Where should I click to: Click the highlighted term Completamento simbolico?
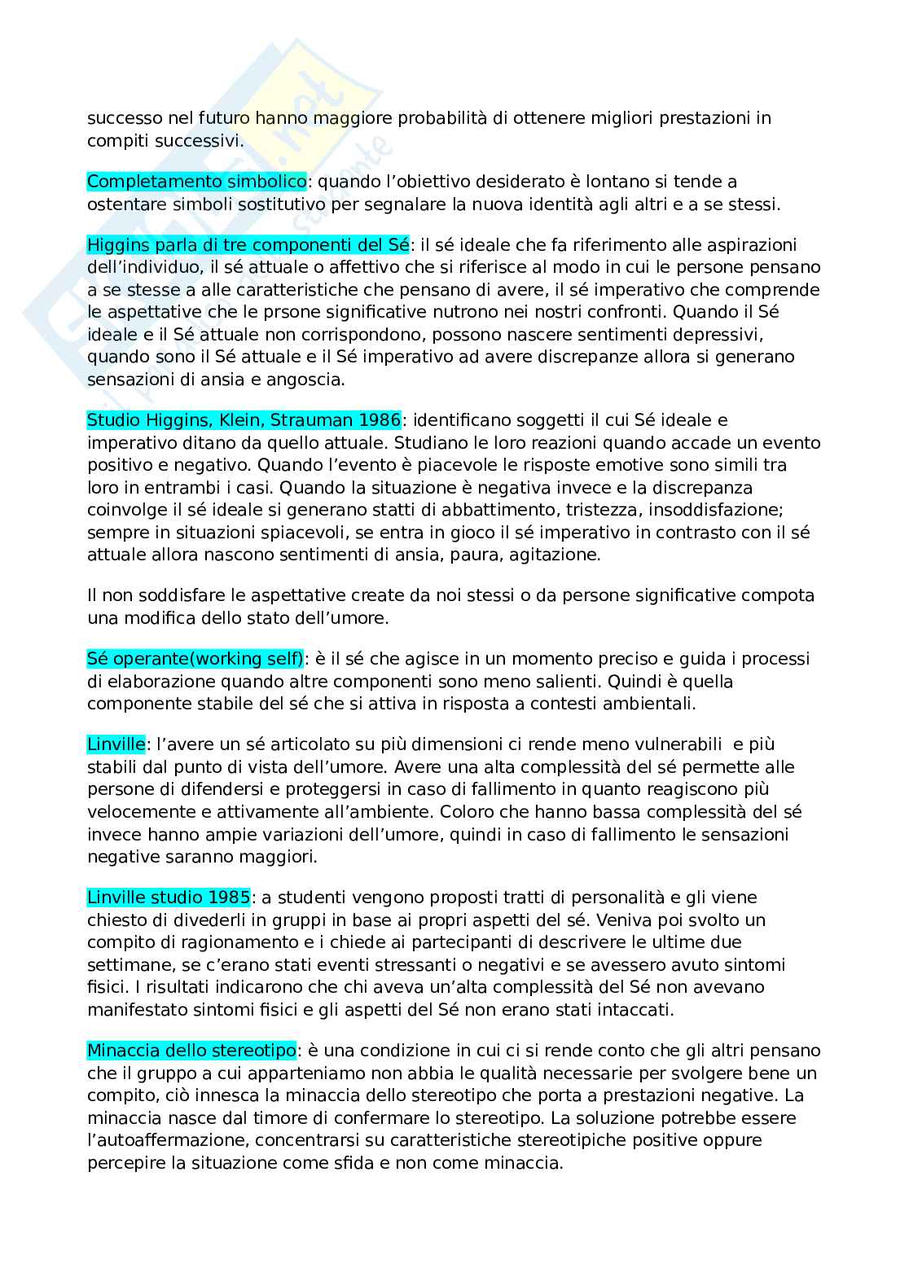click(196, 181)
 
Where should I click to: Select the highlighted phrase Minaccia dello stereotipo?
click(191, 1051)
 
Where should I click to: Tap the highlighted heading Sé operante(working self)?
click(195, 658)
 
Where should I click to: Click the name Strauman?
click(312, 420)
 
